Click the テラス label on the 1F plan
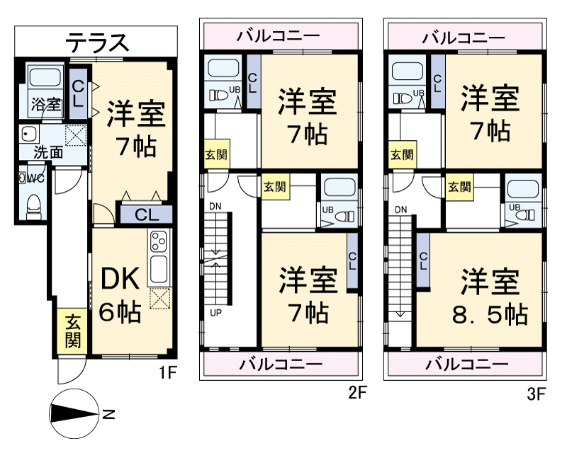point(98,42)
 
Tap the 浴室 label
point(45,105)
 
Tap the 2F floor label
point(359,394)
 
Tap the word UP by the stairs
point(215,312)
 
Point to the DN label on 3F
point(401,210)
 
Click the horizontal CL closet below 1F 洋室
point(147,214)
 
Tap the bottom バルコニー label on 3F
point(466,365)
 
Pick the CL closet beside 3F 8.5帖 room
point(422,260)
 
